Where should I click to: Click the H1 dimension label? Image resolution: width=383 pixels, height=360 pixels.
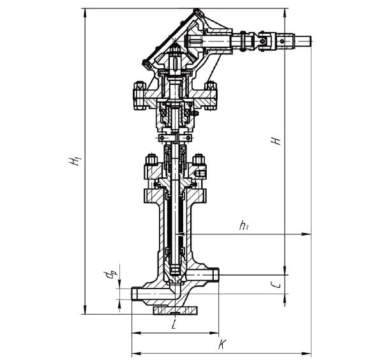[75, 161]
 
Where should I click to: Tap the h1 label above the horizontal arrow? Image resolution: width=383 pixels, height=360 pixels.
[244, 225]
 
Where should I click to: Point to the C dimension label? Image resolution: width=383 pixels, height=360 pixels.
[276, 285]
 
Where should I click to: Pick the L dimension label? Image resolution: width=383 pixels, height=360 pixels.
[174, 324]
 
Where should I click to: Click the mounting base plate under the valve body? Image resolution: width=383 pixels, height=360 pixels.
[175, 310]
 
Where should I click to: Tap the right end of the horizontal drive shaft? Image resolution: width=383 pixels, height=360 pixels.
[310, 41]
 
